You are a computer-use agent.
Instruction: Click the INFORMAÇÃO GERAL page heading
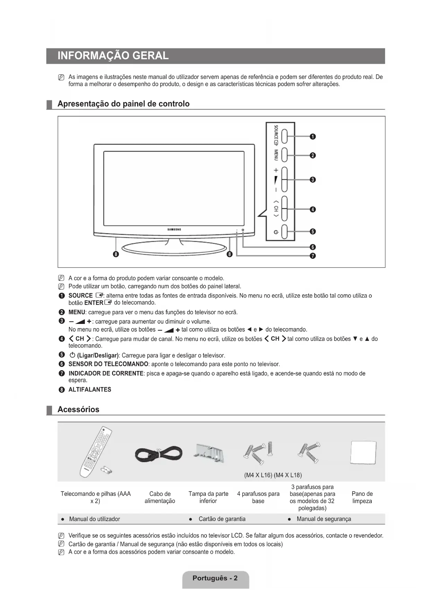(x=113, y=56)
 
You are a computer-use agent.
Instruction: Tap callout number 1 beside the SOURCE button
(x=313, y=137)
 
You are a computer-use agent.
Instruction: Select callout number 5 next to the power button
(x=313, y=232)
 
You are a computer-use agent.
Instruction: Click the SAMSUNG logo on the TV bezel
(x=174, y=229)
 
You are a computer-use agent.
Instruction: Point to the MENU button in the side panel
(x=284, y=155)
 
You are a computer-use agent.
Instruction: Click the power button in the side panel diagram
(x=284, y=232)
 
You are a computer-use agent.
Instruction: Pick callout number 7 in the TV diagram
(x=313, y=256)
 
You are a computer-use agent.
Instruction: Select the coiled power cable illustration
(x=158, y=454)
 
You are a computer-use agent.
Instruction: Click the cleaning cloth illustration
(x=363, y=452)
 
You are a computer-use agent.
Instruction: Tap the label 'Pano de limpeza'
(x=362, y=497)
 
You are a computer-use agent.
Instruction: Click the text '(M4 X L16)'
(x=258, y=475)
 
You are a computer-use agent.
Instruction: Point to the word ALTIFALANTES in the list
(x=90, y=390)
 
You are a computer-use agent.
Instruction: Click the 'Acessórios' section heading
(x=78, y=409)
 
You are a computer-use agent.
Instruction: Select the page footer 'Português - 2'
(x=215, y=578)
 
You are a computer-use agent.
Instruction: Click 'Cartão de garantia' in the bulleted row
(x=222, y=519)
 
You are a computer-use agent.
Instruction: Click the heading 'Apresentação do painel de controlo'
(x=123, y=104)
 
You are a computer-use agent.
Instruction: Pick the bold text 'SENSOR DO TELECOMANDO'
(x=108, y=364)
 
